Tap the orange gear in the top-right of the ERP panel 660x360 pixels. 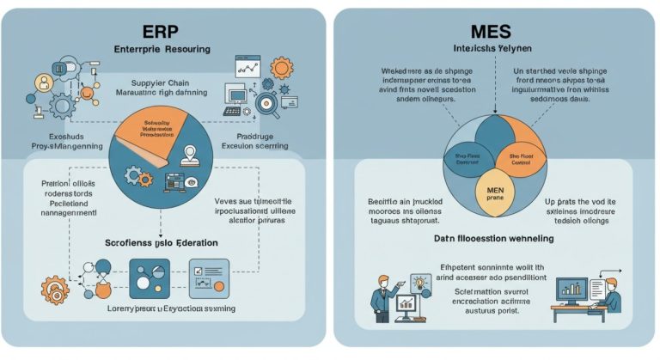click(281, 68)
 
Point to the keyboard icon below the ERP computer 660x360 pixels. click(232, 111)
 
